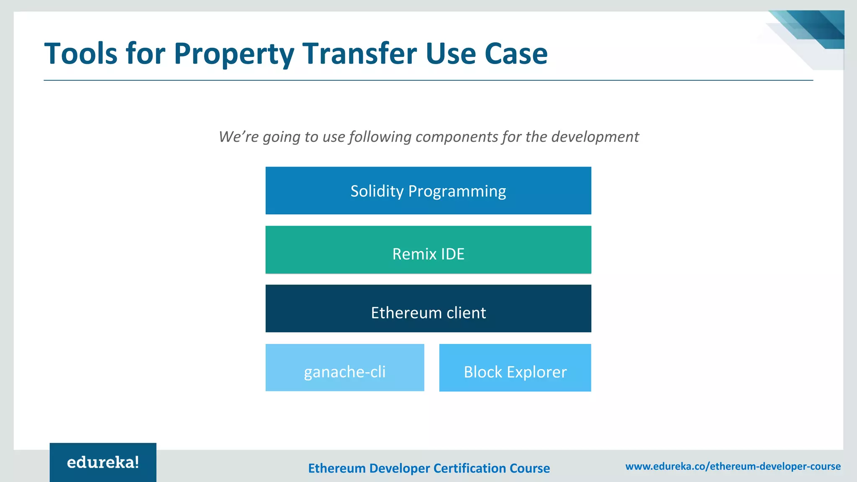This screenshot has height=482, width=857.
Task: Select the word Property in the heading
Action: click(233, 54)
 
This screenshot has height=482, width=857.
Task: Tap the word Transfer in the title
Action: click(359, 54)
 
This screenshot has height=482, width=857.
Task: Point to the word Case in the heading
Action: click(516, 54)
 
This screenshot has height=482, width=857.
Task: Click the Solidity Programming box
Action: click(428, 191)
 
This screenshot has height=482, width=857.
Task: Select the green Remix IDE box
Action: click(428, 250)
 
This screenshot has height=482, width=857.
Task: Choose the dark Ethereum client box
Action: click(428, 309)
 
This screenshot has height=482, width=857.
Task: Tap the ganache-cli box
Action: click(345, 368)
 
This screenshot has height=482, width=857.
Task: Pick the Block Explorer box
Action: click(515, 368)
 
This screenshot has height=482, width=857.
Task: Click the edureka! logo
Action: click(103, 462)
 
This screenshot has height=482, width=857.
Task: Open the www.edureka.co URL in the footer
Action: click(733, 466)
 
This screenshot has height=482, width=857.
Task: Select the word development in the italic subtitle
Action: click(595, 137)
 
